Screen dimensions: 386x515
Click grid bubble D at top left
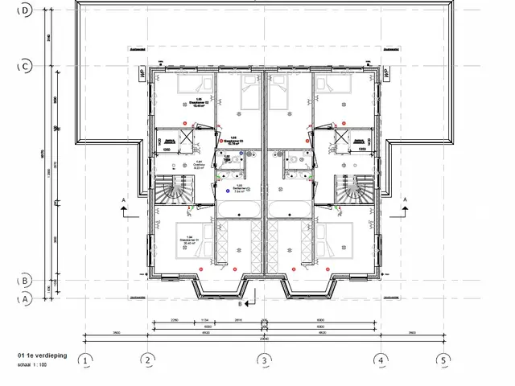26,10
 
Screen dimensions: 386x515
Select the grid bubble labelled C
26,66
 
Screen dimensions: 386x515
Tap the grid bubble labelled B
26,281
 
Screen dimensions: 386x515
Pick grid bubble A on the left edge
26,298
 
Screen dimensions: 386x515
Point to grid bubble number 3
263,360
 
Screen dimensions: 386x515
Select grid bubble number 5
442,360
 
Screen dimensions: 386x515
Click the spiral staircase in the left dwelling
175,191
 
